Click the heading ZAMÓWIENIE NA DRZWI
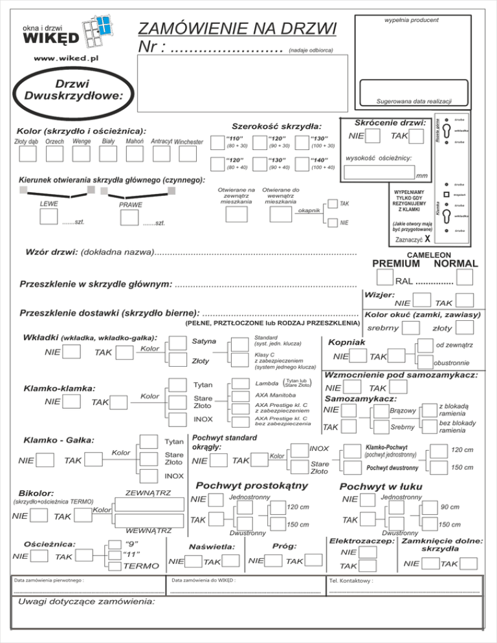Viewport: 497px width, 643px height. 238,29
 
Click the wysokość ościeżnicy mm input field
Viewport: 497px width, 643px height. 378,172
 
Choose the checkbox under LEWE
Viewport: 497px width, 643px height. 49,216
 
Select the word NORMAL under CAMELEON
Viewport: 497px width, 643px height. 456,263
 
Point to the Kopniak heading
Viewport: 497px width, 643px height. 347,342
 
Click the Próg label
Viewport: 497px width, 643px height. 285,545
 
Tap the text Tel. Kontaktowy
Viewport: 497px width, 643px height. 351,581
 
